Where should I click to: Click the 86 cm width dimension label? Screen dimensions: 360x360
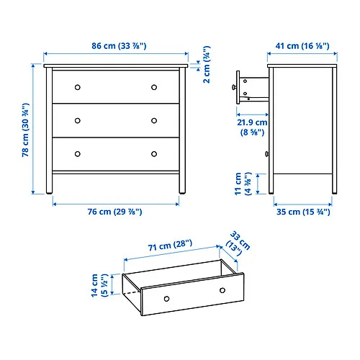point(115,46)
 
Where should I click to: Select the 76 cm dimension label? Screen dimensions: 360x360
point(115,212)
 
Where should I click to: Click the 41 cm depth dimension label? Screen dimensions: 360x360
point(302,46)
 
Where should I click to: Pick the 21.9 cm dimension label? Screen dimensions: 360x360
point(251,127)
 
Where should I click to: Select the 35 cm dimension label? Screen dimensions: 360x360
point(302,212)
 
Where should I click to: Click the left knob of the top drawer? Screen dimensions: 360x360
point(78,87)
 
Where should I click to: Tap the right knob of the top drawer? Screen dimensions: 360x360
point(154,87)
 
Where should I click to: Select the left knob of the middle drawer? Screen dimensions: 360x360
point(78,120)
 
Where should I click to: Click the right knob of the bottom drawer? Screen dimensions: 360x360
point(154,153)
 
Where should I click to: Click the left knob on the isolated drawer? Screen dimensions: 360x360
point(166,297)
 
